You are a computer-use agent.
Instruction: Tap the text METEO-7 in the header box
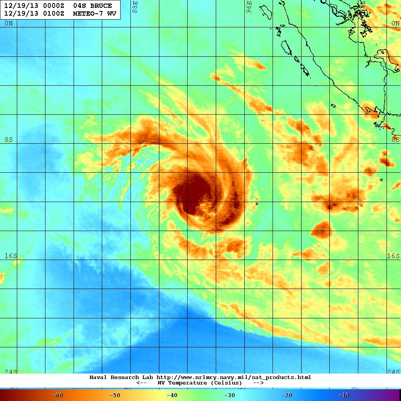tap(89, 14)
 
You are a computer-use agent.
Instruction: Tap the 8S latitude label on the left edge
tap(9, 140)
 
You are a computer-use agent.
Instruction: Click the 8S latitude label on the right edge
tap(396, 139)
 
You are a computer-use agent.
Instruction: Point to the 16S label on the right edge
tap(394, 256)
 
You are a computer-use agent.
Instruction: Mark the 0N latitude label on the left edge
tap(9, 23)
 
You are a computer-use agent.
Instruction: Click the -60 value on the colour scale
tap(58, 395)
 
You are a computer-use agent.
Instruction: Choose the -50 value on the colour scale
tap(114, 395)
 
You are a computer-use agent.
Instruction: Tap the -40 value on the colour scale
tap(172, 395)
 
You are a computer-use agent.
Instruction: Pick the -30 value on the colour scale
tap(229, 395)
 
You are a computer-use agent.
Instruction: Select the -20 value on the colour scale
tap(286, 395)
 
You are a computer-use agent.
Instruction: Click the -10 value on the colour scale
tap(343, 395)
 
